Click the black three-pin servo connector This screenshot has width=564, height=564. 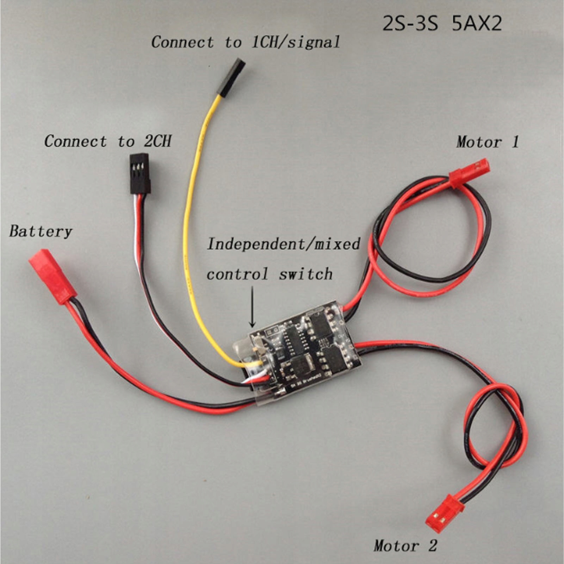point(140,173)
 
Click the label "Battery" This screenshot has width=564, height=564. point(41,231)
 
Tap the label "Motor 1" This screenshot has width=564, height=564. point(488,142)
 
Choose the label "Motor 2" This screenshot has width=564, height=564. point(405,546)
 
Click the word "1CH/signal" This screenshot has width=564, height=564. point(295,42)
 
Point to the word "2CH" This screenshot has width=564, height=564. point(157,141)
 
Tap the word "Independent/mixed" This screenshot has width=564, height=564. point(284,244)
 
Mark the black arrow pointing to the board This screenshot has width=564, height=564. point(252,306)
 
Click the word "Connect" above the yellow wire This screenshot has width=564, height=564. point(182,42)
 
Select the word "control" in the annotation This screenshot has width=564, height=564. point(237,274)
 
